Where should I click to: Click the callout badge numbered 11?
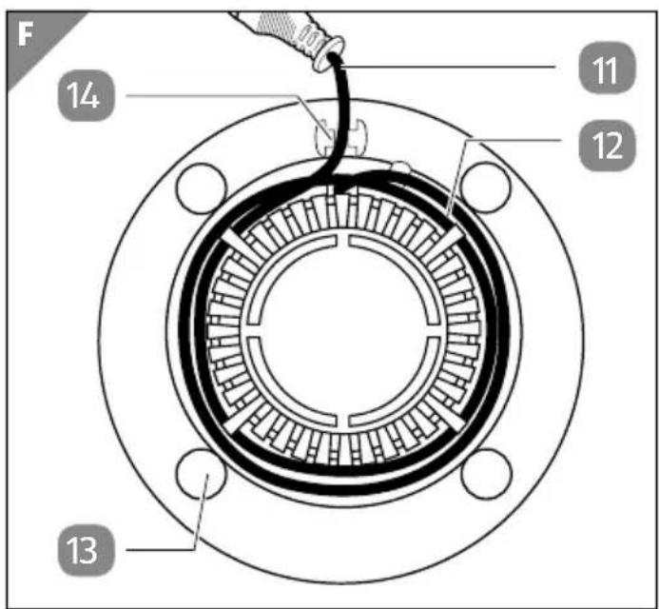(607, 69)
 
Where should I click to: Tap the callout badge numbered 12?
(607, 146)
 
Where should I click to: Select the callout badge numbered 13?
(86, 550)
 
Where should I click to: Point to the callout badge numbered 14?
(86, 96)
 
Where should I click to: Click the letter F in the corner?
(26, 34)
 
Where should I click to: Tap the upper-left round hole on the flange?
(202, 188)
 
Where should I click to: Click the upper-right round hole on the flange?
(486, 187)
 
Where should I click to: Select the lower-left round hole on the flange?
(202, 474)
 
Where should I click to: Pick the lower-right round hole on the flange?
(487, 474)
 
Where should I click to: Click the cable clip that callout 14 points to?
(340, 137)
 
